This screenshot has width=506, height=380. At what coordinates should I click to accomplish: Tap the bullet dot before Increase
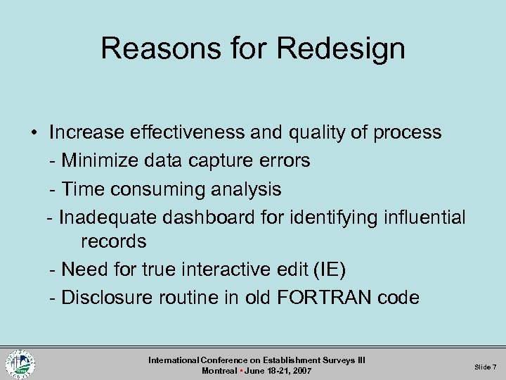(33, 133)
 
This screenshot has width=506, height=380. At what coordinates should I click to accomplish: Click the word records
(113, 241)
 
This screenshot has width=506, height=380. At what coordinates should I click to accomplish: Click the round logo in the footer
(20, 363)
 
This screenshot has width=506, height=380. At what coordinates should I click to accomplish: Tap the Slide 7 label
(485, 367)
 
